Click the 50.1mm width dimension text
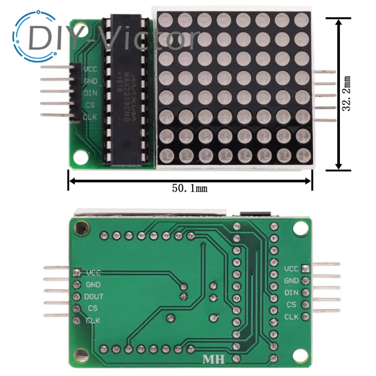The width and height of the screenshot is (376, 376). pyautogui.click(x=190, y=188)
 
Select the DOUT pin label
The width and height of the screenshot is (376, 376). pyautogui.click(x=94, y=297)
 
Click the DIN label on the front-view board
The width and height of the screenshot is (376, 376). pyautogui.click(x=90, y=93)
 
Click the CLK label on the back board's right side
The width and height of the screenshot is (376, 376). pyautogui.click(x=291, y=316)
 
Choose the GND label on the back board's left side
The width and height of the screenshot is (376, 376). pyautogui.click(x=93, y=285)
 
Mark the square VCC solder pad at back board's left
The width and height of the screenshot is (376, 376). pyautogui.click(x=77, y=272)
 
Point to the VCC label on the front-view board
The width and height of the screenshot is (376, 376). pyautogui.click(x=90, y=69)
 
